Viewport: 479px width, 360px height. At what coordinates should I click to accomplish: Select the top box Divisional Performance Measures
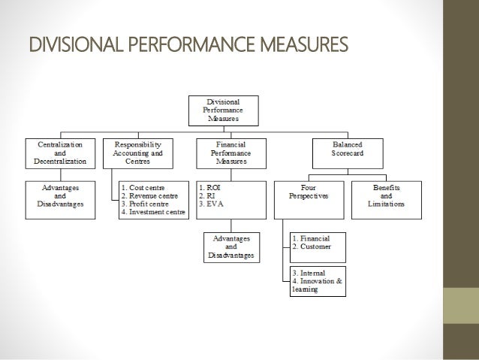click(x=225, y=110)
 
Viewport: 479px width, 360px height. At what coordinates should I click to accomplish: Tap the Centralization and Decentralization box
click(x=60, y=151)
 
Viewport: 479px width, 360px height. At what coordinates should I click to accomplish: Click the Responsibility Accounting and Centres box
click(x=137, y=151)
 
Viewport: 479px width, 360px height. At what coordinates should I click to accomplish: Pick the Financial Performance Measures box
click(x=230, y=151)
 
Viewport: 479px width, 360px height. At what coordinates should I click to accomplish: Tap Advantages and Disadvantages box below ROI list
click(x=230, y=246)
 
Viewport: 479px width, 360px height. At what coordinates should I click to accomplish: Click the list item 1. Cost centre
click(x=143, y=186)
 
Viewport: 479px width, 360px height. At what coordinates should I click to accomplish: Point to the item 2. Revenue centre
click(x=149, y=195)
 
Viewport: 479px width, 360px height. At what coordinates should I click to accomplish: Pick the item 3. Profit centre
click(x=147, y=204)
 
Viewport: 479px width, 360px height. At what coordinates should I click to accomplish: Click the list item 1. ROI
click(x=210, y=186)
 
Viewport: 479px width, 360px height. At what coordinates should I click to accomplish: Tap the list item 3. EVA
click(x=211, y=204)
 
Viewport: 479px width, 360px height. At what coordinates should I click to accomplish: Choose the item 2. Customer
click(x=312, y=246)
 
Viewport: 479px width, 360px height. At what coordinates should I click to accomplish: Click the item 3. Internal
click(x=309, y=273)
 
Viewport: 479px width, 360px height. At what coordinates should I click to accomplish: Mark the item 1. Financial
click(x=312, y=237)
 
